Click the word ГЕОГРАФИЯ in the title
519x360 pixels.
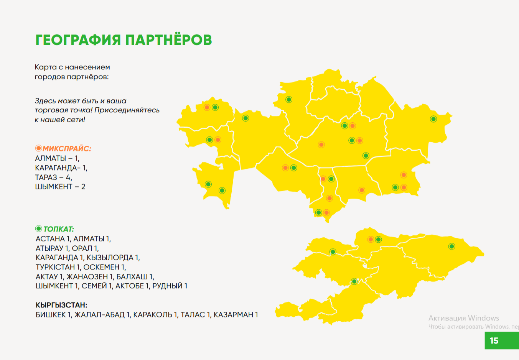coord(78,40)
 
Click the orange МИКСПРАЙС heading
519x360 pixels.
coord(67,148)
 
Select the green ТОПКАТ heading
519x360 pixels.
coord(59,229)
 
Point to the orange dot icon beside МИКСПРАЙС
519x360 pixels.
coord(38,148)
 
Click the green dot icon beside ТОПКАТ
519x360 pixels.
coord(38,229)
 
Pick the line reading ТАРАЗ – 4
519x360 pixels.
coord(54,178)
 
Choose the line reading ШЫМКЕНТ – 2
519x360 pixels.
coord(60,187)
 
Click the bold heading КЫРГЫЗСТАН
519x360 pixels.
coord(61,305)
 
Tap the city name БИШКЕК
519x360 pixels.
coord(51,315)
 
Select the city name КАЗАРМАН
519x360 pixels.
coord(233,315)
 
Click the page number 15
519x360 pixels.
coord(494,340)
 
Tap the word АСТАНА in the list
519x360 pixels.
coord(50,239)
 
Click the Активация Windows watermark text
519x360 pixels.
coord(464,318)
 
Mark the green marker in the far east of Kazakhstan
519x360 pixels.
coord(433,119)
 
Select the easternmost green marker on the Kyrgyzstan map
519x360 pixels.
coord(451,247)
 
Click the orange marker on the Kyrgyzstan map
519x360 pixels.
coord(371,239)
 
